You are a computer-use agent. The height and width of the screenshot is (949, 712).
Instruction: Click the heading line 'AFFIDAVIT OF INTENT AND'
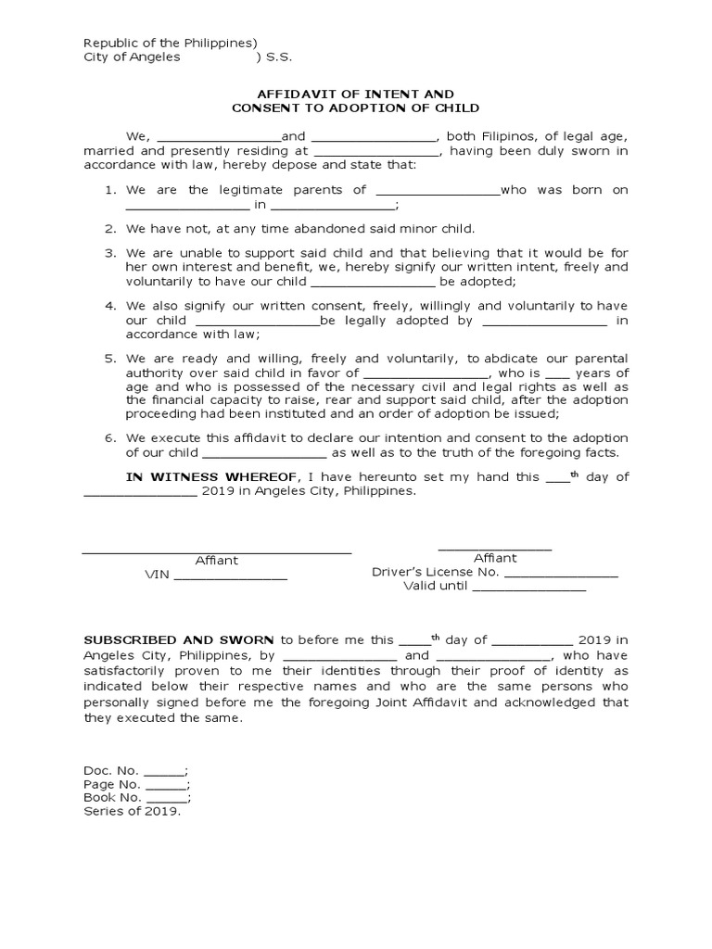pos(356,95)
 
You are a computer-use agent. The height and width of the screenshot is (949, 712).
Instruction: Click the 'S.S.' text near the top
pos(279,57)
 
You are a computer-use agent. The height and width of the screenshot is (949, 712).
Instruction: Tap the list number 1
pos(108,190)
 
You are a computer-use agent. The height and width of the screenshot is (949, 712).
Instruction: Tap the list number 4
pos(108,306)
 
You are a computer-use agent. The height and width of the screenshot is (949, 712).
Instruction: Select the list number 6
pos(108,438)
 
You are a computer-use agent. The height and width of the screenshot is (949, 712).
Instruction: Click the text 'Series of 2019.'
pos(133,812)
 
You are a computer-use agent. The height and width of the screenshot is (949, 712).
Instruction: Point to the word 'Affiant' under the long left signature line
pos(216,561)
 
